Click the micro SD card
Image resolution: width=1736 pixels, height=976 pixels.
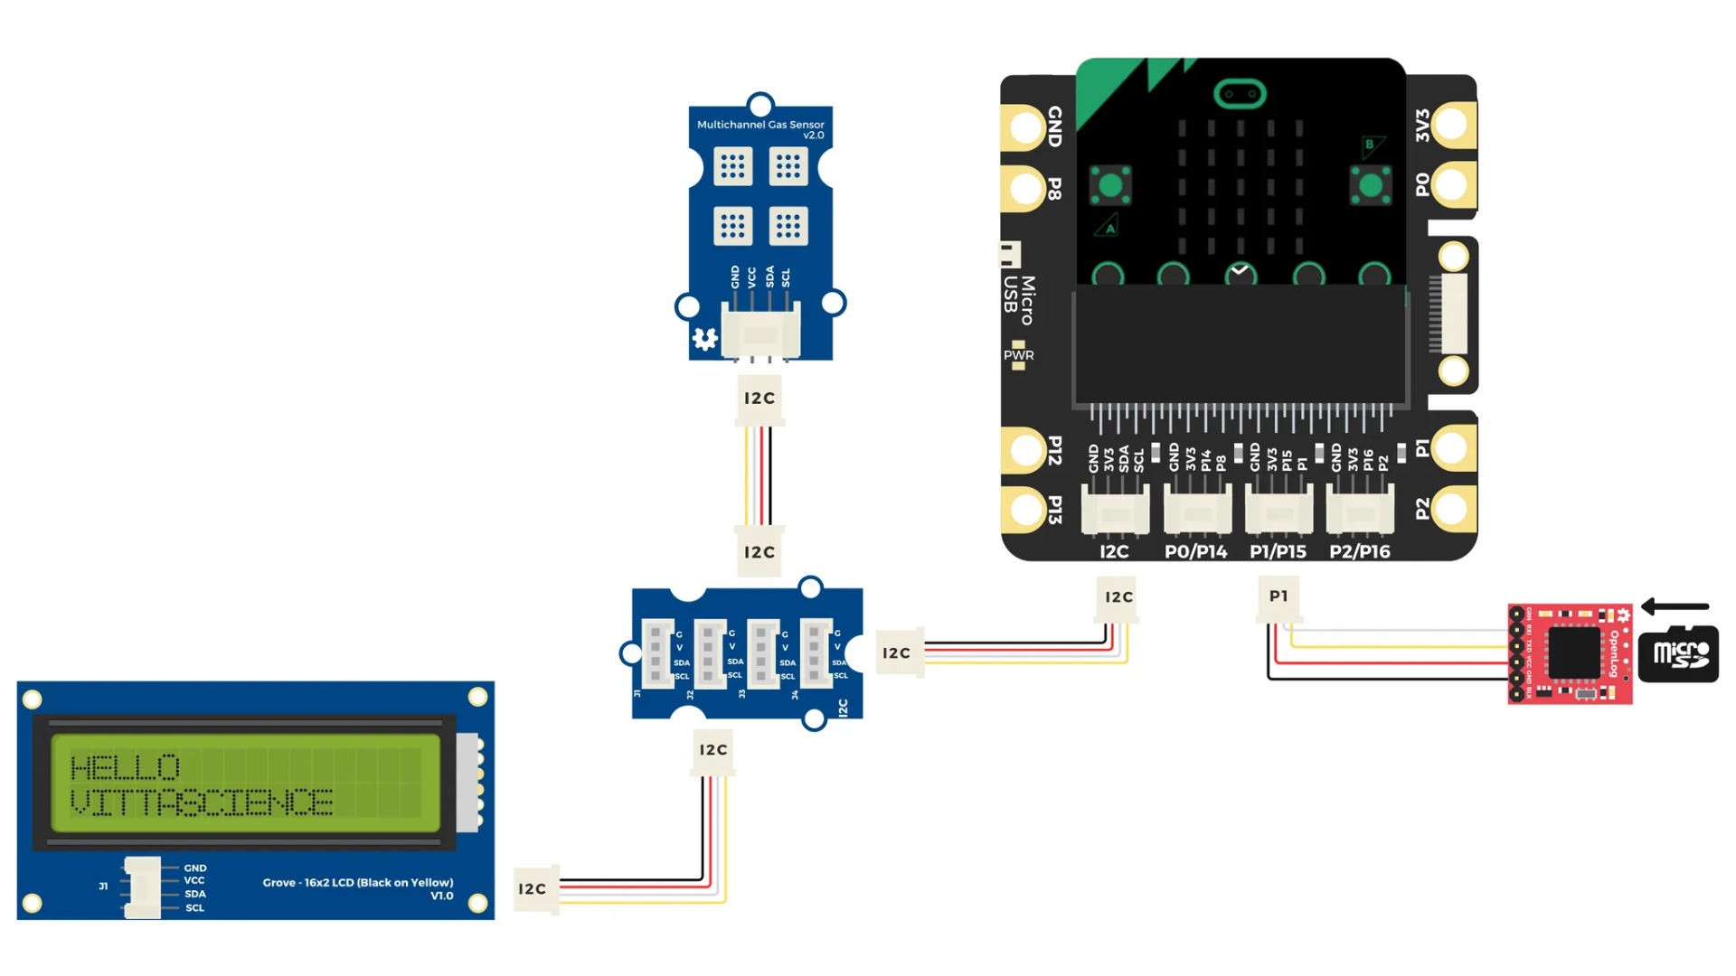point(1678,653)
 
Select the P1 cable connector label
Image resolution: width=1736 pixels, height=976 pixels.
point(1278,596)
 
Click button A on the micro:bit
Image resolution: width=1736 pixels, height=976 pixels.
point(1110,186)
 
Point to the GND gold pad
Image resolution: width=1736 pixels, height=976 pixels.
point(1026,127)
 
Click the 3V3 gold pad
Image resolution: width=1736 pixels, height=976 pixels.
point(1451,125)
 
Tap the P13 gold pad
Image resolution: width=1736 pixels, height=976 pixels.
point(1026,510)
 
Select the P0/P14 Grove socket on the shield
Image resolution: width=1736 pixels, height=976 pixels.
point(1197,511)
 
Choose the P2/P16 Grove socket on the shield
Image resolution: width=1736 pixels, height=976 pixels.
point(1360,511)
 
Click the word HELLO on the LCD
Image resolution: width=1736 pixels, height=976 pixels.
point(125,768)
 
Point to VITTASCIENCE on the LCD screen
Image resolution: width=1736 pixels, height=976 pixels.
point(202,802)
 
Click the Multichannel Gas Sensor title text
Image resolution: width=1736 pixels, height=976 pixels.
point(760,125)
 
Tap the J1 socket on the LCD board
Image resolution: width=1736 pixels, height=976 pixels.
point(142,887)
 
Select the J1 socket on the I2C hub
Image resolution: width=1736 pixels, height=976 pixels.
point(657,653)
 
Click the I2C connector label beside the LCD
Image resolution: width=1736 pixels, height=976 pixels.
point(533,889)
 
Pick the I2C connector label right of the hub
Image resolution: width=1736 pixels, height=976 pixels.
point(896,653)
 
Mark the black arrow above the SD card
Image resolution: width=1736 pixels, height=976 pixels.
point(1675,606)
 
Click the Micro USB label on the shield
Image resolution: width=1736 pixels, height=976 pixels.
point(1019,299)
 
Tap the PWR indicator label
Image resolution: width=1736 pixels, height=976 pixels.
point(1018,355)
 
